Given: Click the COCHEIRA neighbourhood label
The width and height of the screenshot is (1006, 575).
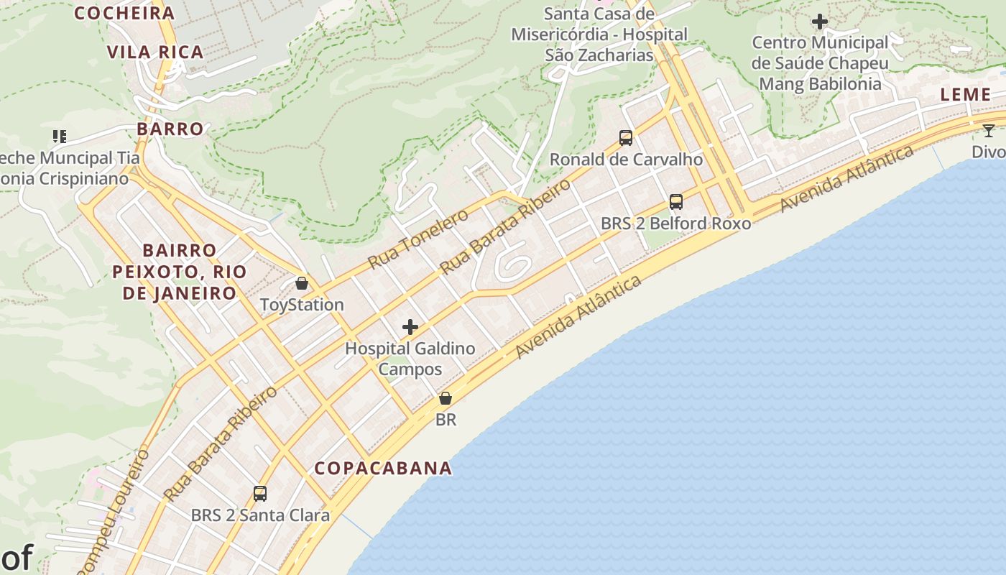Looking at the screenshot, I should [x=124, y=13].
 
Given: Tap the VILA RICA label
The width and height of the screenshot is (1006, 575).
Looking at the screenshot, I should [x=155, y=52].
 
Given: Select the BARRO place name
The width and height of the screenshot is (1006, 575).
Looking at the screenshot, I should [x=170, y=129].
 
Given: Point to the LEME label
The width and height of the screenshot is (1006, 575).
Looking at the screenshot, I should [x=966, y=94].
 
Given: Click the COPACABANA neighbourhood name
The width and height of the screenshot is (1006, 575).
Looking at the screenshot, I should [x=384, y=469].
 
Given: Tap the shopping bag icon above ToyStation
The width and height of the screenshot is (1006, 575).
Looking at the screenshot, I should [x=302, y=283].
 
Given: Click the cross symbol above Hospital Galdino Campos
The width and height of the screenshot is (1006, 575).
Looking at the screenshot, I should [x=410, y=328].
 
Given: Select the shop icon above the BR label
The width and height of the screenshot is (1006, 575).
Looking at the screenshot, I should [x=446, y=398].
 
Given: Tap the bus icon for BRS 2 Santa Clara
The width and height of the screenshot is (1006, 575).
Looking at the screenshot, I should [x=260, y=494].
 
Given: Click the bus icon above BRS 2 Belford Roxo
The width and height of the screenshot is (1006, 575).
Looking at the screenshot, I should [x=676, y=202].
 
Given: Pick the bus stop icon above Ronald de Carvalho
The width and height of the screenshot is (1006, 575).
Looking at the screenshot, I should [x=626, y=137].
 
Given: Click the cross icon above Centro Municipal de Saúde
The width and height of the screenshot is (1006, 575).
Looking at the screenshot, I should [x=820, y=22].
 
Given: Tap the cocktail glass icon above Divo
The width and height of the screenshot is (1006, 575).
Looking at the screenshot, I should [x=989, y=131].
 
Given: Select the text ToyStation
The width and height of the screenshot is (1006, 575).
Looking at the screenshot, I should [x=302, y=305].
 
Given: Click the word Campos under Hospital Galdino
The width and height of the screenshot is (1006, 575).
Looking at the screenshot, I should [x=410, y=369].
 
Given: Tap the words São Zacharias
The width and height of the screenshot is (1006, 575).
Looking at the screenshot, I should [x=599, y=55].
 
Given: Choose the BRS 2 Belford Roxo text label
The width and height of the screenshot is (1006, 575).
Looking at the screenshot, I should [x=676, y=224].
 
